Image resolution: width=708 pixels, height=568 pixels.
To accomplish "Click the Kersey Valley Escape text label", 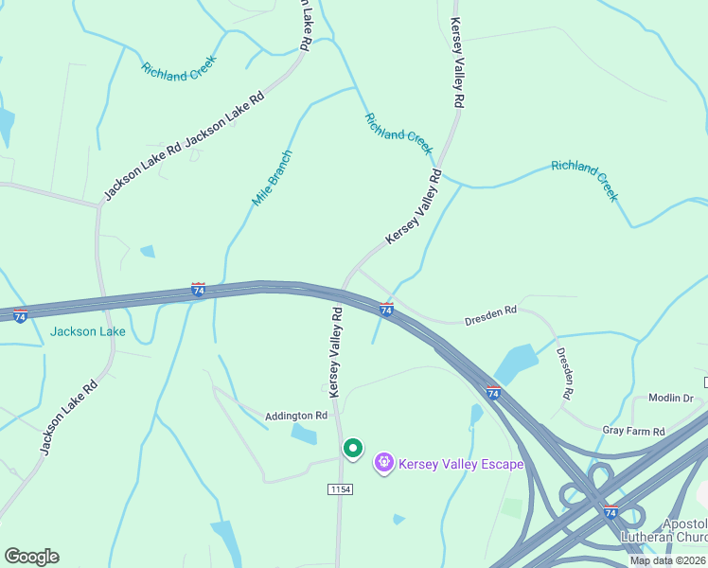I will pyautogui.click(x=461, y=464).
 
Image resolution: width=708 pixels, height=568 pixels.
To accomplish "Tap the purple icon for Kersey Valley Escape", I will pyautogui.click(x=384, y=463).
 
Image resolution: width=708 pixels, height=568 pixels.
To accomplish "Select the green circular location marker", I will pyautogui.click(x=352, y=448).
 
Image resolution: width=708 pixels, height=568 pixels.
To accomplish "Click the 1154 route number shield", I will pyautogui.click(x=340, y=488).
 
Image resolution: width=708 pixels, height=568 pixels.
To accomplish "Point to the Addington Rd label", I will pyautogui.click(x=296, y=416).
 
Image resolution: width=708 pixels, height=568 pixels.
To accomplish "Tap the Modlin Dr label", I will pyautogui.click(x=671, y=399).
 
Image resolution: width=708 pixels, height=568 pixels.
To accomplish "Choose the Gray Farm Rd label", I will pyautogui.click(x=634, y=431).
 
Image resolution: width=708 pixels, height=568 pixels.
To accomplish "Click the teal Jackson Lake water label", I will pyautogui.click(x=88, y=332).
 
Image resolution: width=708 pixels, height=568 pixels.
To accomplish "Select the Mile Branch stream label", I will pyautogui.click(x=273, y=178).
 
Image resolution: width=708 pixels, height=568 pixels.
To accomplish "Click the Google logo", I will pyautogui.click(x=31, y=557).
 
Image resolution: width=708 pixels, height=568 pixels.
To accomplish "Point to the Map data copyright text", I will pyautogui.click(x=667, y=560).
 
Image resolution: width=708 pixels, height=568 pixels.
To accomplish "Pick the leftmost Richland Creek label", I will pyautogui.click(x=179, y=67).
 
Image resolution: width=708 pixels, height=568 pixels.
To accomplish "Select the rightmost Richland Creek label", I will pyautogui.click(x=585, y=179).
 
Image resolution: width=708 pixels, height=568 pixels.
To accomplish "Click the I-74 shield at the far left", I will pyautogui.click(x=20, y=315).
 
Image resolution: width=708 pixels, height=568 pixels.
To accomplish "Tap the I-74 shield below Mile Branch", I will pyautogui.click(x=198, y=290).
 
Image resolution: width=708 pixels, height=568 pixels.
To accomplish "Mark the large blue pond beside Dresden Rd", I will pyautogui.click(x=516, y=364).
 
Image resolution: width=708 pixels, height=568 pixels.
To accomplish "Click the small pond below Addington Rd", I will pyautogui.click(x=305, y=435).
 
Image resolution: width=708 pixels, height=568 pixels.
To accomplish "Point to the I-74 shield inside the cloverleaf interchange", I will pyautogui.click(x=611, y=512).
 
